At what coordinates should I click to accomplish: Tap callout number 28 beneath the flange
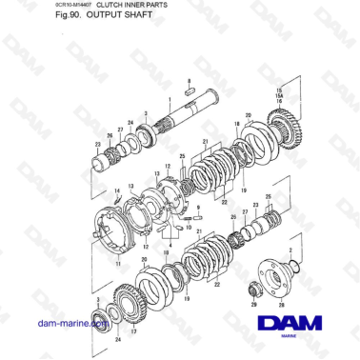tap(281, 305)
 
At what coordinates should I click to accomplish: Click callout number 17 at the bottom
tap(133, 331)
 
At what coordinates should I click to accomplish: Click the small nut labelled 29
tap(255, 288)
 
